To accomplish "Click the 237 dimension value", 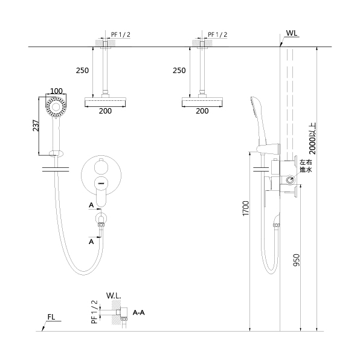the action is pyautogui.click(x=36, y=126).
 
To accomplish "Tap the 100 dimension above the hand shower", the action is pyautogui.click(x=56, y=91).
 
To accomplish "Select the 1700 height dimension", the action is pyautogui.click(x=246, y=208).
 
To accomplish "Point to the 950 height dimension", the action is pyautogui.click(x=297, y=260).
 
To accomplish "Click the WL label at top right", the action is pyautogui.click(x=292, y=33).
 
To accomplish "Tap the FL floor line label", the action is pyautogui.click(x=51, y=317).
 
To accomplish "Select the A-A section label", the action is pyautogui.click(x=139, y=312).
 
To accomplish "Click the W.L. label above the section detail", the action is pyautogui.click(x=114, y=296).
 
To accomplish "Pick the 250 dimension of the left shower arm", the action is pyautogui.click(x=82, y=71).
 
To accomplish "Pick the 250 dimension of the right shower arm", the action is pyautogui.click(x=179, y=71).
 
